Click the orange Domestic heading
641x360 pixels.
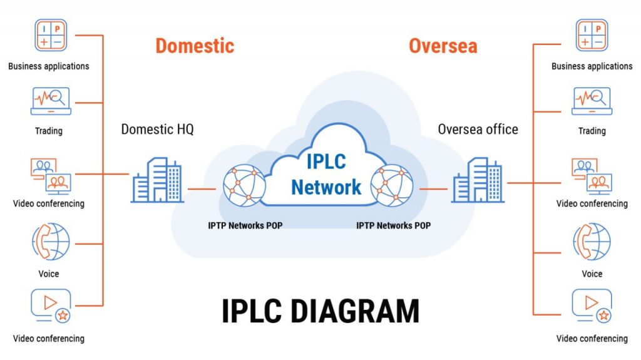(195, 46)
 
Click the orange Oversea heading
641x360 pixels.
(443, 46)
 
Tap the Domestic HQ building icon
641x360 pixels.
(158, 180)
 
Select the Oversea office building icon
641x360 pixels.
(478, 180)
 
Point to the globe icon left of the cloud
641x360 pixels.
(245, 185)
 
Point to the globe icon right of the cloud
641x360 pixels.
(392, 185)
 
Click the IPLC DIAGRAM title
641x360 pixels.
(320, 311)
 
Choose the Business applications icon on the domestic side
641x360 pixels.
(49, 35)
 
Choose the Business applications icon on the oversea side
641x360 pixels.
(592, 35)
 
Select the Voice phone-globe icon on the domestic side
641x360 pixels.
(50, 242)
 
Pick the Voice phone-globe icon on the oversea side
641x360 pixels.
(592, 242)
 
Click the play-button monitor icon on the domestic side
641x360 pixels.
(50, 306)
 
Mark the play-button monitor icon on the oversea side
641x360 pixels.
(592, 306)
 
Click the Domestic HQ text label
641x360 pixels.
(157, 130)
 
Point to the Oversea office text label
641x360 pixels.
(478, 130)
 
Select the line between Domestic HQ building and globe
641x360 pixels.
(202, 188)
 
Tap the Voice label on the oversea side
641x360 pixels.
(592, 274)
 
